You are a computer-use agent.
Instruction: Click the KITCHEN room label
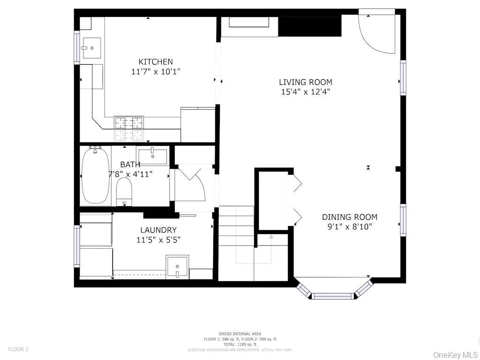click(156, 61)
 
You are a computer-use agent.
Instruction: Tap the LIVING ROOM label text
click(306, 82)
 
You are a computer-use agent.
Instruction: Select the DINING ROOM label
click(349, 217)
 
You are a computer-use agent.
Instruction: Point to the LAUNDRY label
click(158, 230)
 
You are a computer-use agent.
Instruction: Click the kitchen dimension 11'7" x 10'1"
click(156, 72)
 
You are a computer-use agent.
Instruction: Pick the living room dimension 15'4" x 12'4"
click(306, 92)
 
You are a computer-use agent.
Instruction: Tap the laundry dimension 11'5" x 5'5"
click(158, 240)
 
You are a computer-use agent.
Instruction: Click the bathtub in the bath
click(96, 175)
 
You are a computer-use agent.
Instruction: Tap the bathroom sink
click(153, 156)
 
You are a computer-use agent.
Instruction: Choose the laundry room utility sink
click(177, 267)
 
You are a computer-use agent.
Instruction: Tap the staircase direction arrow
click(271, 237)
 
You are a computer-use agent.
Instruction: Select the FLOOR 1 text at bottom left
click(18, 349)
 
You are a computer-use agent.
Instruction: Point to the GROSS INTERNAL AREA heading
click(240, 333)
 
